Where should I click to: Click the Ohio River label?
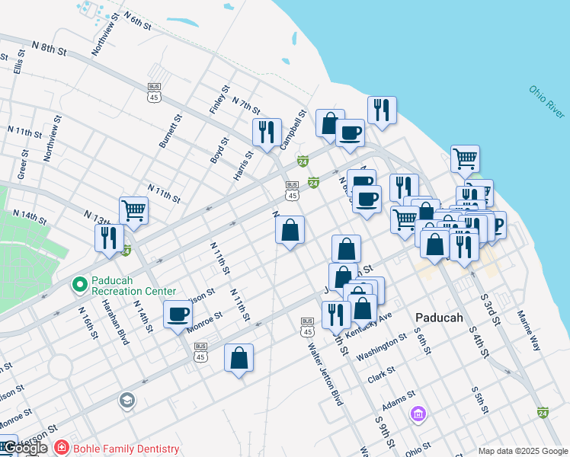point(547,102)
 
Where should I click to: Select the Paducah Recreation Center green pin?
point(78,286)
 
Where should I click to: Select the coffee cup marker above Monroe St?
point(178,314)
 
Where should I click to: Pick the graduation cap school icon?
point(126,400)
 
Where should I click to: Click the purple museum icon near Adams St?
point(418,414)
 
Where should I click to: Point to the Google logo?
point(26,448)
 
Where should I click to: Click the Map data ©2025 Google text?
point(522,451)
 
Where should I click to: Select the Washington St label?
point(382,350)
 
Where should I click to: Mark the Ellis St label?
point(18,61)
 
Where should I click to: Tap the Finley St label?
point(219,100)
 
